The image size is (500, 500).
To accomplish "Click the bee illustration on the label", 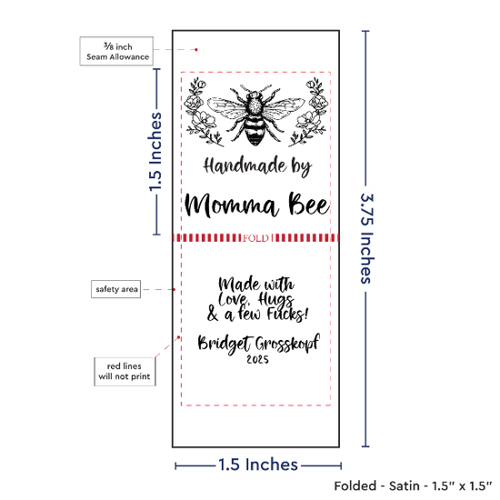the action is [255, 115].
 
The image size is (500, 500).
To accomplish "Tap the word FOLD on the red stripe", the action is [255, 238].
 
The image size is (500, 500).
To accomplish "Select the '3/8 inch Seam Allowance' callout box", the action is [116, 51].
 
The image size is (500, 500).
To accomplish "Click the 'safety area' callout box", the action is [116, 289].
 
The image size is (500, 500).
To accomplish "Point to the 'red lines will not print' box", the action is [125, 372].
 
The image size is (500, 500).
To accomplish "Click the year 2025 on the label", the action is [257, 359].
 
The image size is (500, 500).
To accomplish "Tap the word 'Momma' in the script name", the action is [231, 205].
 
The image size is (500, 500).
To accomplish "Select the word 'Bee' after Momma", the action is [308, 204].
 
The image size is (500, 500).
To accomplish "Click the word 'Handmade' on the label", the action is [245, 165].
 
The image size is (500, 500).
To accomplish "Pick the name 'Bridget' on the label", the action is [225, 344].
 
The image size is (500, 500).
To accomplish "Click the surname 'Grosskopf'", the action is [287, 344].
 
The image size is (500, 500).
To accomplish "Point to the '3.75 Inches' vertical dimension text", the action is [366, 238].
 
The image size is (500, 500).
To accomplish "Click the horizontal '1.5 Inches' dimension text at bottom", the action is [258, 465].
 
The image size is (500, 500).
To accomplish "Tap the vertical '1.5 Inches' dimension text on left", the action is [155, 152].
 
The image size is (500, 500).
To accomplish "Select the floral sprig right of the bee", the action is [309, 112].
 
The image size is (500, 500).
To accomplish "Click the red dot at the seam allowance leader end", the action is [196, 50].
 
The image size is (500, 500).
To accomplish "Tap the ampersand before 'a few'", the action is [213, 314].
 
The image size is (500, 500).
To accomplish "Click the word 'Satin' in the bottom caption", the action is [404, 486].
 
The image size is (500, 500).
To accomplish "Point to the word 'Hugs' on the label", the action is [276, 300].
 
